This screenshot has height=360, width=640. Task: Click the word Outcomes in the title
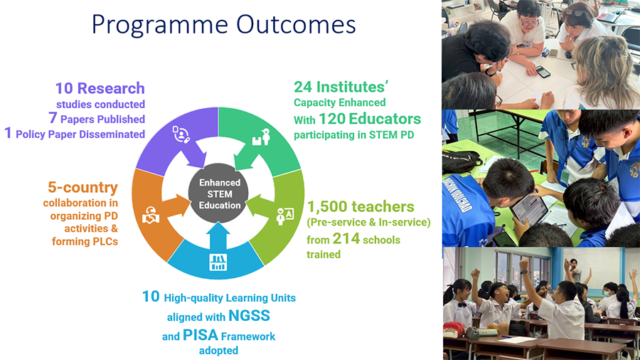tap(296, 24)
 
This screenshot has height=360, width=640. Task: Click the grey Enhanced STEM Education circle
tap(218, 193)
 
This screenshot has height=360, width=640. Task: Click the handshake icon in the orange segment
tap(150, 215)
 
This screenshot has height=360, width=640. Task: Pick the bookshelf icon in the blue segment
tap(218, 262)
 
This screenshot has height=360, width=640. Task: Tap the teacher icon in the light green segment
tap(284, 216)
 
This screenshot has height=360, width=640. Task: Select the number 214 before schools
tap(346, 238)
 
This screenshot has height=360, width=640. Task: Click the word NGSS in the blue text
tap(249, 315)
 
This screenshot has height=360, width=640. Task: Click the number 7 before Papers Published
tap(53, 118)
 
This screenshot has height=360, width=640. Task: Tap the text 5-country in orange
tap(83, 187)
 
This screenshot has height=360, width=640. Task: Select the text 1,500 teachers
tap(361, 206)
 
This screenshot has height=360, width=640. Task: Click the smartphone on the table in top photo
tap(543, 72)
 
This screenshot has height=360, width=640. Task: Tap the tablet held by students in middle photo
tap(529, 208)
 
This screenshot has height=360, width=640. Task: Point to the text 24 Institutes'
tap(341, 87)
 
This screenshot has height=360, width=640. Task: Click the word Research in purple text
tap(111, 88)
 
